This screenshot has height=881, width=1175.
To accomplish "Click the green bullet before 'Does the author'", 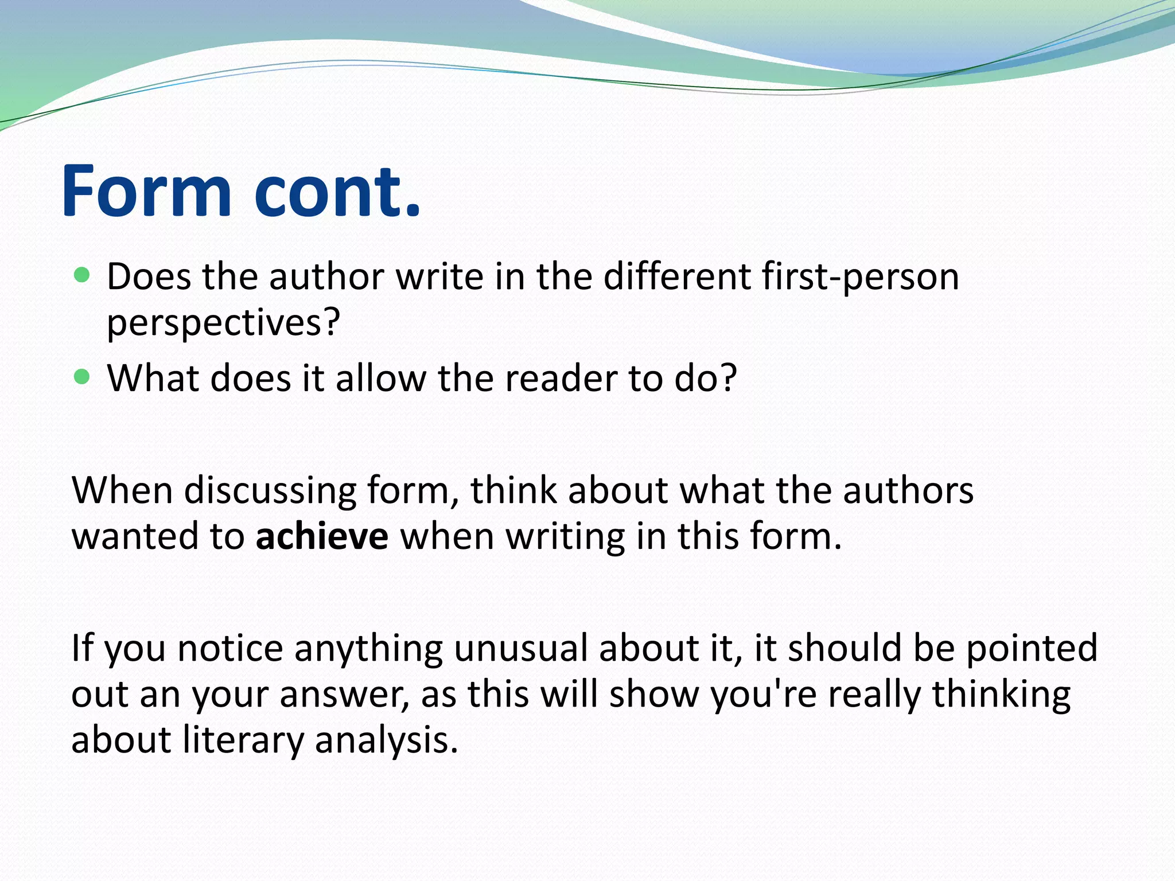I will click(83, 275).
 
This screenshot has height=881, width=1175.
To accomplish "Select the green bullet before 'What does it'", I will click(83, 377).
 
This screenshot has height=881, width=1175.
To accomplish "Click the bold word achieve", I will click(322, 537).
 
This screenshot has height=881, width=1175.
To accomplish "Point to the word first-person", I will click(860, 278).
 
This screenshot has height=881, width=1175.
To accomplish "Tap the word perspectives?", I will click(224, 323).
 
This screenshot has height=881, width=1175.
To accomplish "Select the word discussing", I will click(270, 492).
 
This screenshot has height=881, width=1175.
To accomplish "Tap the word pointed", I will click(1032, 649).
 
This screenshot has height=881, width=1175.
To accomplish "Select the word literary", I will click(243, 740).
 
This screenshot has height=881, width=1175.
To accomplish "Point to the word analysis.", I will click(386, 740).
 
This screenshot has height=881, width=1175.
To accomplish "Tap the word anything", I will click(368, 649).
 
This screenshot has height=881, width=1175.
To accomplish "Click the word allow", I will click(381, 379).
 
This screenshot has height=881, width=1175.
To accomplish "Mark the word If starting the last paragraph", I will click(81, 649).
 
